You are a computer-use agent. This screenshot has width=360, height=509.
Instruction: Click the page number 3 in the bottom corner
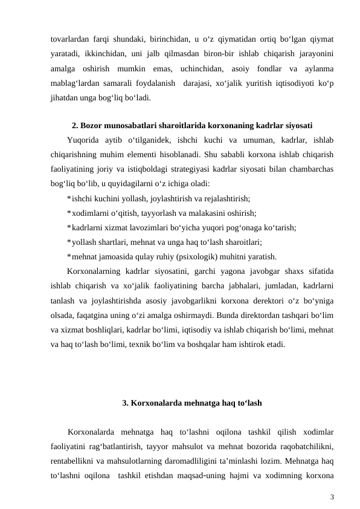pyautogui.click(x=332, y=497)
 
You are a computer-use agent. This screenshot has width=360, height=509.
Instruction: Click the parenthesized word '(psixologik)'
pyautogui.click(x=208, y=256)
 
